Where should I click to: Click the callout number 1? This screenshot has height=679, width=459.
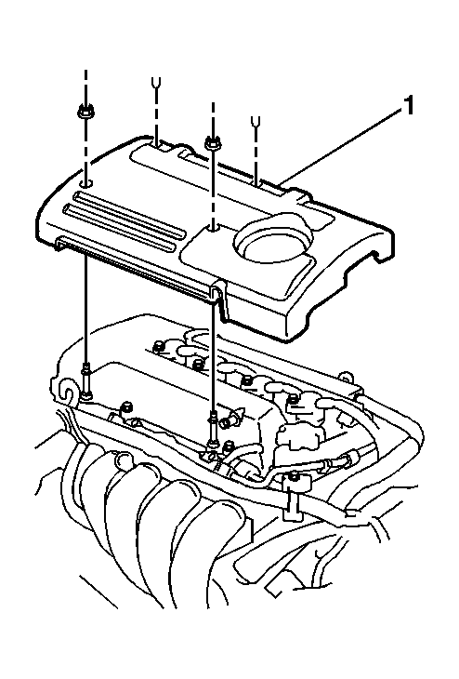tap(408, 107)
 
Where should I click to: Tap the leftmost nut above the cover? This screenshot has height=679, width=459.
tap(85, 113)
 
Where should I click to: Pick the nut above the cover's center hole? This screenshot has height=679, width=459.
tap(212, 141)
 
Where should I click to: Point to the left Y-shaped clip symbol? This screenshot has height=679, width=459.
tap(155, 82)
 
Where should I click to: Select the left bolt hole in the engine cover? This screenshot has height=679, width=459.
tap(86, 183)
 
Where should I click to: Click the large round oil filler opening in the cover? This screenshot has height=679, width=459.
tap(273, 237)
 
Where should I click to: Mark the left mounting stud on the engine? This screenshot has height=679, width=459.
tap(86, 381)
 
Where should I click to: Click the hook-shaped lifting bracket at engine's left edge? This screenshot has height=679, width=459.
tap(66, 389)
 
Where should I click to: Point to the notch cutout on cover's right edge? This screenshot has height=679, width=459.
tap(376, 255)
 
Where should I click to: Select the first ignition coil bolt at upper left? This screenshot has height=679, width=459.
tap(158, 345)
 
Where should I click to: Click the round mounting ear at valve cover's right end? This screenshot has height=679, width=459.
tap(346, 376)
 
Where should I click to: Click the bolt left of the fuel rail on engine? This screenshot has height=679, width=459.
tap(126, 407)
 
